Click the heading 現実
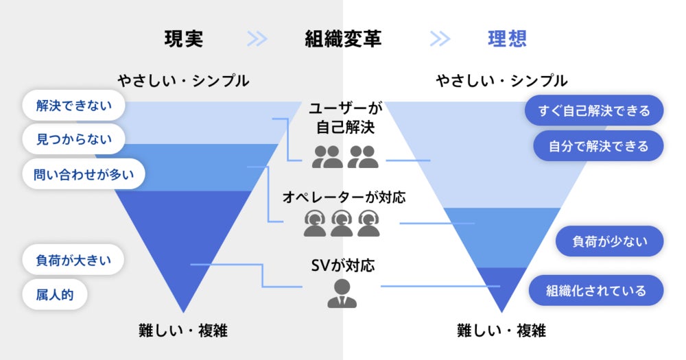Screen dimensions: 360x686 (x=184, y=38)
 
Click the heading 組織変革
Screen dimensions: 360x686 (x=343, y=38)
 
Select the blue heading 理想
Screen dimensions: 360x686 (x=508, y=38)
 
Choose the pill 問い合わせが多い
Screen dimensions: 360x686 (x=84, y=174)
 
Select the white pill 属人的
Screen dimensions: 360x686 (x=55, y=295)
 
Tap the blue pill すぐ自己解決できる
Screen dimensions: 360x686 (x=594, y=110)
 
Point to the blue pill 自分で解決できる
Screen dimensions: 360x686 (x=598, y=145)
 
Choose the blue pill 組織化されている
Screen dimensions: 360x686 (x=596, y=290)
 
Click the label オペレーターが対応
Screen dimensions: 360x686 (x=344, y=197)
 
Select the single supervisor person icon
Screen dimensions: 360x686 (x=342, y=293)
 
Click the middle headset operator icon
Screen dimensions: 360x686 (x=342, y=223)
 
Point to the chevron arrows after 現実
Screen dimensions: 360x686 (x=257, y=38)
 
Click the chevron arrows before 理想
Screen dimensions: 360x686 (x=440, y=38)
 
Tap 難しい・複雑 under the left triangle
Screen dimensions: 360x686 (x=183, y=331)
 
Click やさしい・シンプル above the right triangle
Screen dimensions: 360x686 (x=502, y=81)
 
